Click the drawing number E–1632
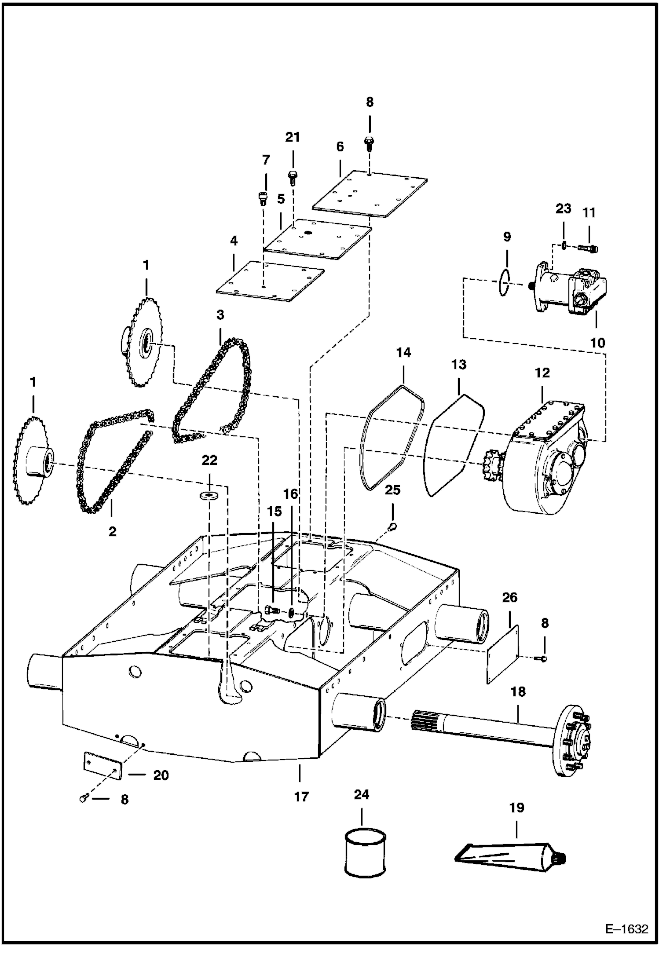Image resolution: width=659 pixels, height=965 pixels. [626, 929]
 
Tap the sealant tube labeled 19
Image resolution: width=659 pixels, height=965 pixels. [510, 855]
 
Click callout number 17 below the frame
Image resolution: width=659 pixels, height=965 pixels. [301, 797]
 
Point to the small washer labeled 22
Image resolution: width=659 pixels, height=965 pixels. [209, 496]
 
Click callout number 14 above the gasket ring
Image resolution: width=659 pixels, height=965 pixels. [403, 352]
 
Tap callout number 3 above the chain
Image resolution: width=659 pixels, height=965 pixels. [220, 314]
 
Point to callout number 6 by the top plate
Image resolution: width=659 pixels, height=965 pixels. [340, 146]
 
